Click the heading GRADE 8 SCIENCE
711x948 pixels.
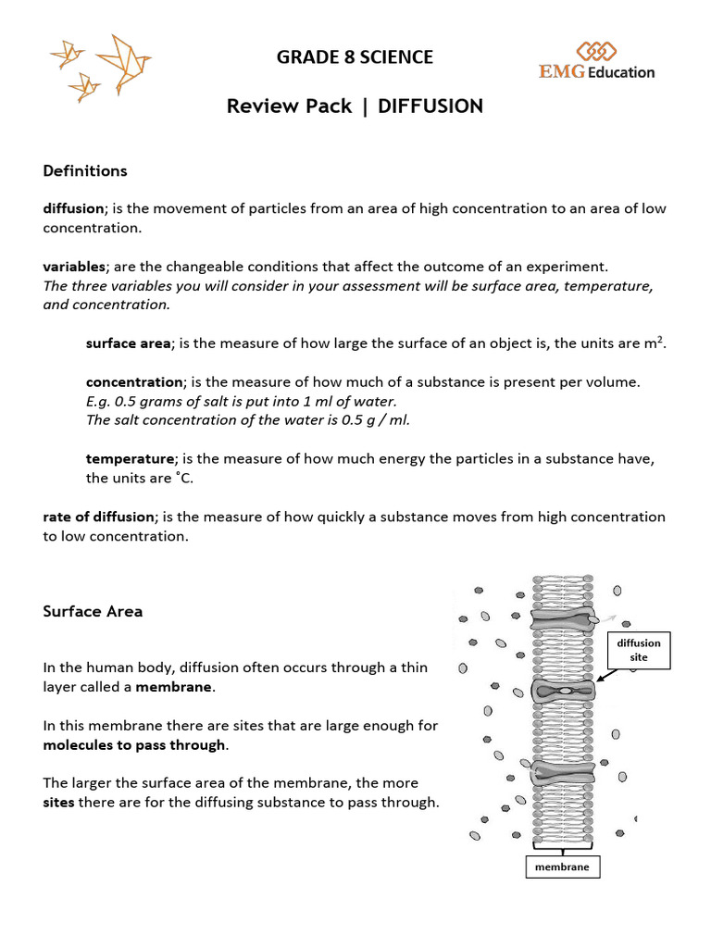[355, 57]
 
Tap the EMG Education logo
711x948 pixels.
[597, 62]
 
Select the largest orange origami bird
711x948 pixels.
[122, 57]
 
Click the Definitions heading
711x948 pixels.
[85, 171]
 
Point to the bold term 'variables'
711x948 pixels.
[74, 267]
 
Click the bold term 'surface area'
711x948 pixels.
[128, 343]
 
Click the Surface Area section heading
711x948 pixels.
[93, 612]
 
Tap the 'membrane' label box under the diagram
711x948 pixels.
[562, 867]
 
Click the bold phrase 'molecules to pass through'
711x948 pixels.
[134, 745]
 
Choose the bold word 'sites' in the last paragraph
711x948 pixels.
[60, 803]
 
